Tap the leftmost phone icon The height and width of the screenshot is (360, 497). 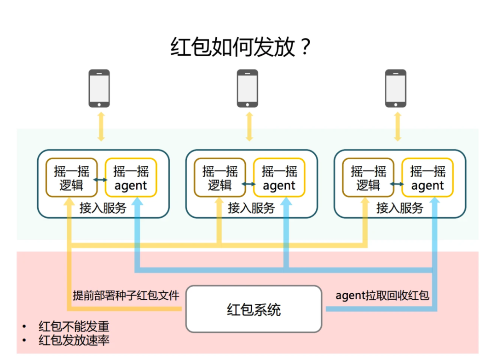[99, 88]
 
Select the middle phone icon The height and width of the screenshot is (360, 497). [248, 88]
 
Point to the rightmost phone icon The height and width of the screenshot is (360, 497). [396, 88]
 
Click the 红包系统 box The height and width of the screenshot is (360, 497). [254, 309]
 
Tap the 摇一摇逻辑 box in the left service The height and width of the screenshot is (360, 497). [72, 178]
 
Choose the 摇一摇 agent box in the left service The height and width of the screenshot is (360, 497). [131, 178]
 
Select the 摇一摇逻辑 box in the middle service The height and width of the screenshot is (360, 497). [220, 178]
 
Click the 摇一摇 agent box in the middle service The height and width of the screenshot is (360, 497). [279, 178]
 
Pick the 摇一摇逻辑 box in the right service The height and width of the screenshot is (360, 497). [369, 178]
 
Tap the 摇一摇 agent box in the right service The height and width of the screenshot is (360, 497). [428, 178]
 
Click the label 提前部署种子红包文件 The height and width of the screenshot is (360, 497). [126, 295]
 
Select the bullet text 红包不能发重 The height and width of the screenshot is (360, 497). [74, 327]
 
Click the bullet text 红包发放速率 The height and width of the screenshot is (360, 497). [74, 341]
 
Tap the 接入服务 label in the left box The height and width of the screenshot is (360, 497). [103, 208]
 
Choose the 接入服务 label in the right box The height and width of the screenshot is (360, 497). [400, 208]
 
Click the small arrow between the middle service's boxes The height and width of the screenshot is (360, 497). [249, 184]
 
